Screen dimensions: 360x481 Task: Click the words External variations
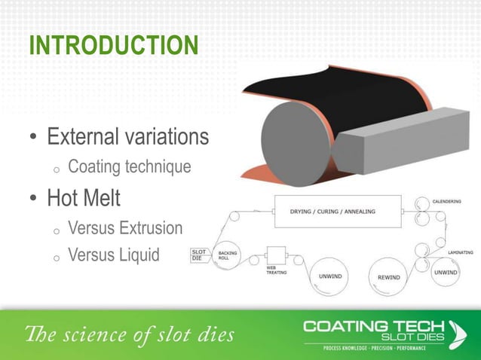click(x=127, y=137)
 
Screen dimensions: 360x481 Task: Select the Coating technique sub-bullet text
click(x=129, y=166)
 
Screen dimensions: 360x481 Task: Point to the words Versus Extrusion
click(x=125, y=227)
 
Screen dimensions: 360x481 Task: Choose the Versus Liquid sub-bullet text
click(x=113, y=255)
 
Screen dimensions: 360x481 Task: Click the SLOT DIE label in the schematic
click(x=199, y=255)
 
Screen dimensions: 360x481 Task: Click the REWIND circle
click(x=393, y=276)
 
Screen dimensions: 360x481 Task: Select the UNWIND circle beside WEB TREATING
click(x=330, y=276)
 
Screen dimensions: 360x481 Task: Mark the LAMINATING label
click(x=460, y=252)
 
